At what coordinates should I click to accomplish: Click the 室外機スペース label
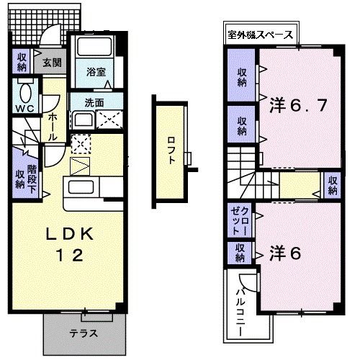259,34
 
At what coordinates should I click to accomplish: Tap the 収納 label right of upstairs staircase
333,185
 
